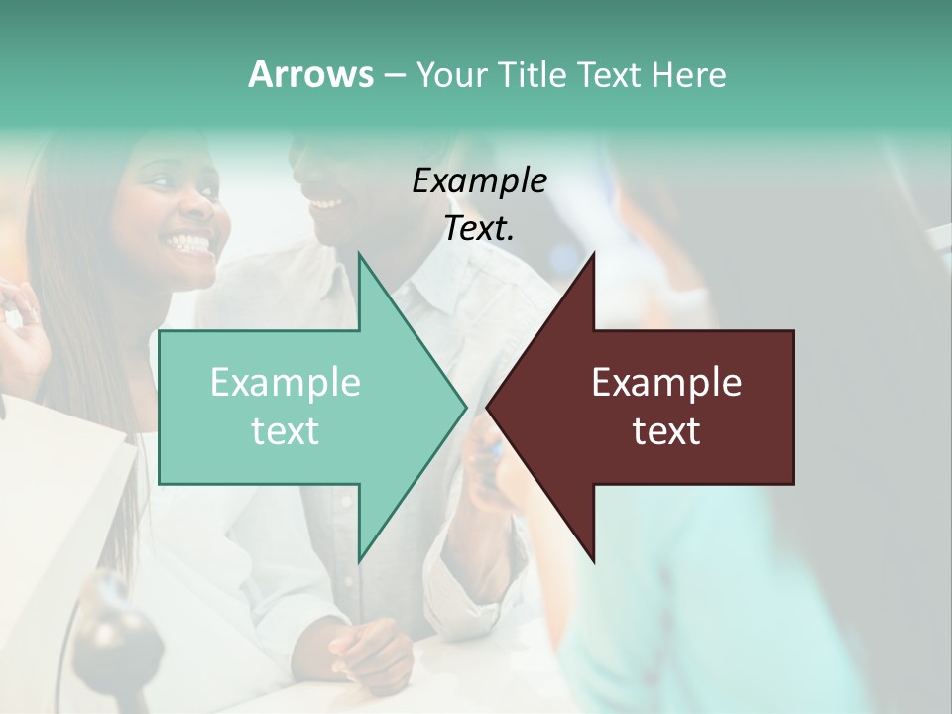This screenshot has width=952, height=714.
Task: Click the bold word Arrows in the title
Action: tap(310, 74)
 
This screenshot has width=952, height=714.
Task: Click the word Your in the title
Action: tap(449, 74)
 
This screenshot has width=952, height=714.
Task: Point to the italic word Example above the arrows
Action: tap(479, 180)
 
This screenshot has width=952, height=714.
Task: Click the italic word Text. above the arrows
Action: tap(479, 228)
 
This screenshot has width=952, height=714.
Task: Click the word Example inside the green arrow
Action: tap(285, 382)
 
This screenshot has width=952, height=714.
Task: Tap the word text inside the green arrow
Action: tap(285, 431)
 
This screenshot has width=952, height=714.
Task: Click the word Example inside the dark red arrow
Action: tap(666, 382)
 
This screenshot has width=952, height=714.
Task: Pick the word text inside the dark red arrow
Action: tap(666, 431)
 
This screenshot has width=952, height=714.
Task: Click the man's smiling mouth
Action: tap(324, 203)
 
